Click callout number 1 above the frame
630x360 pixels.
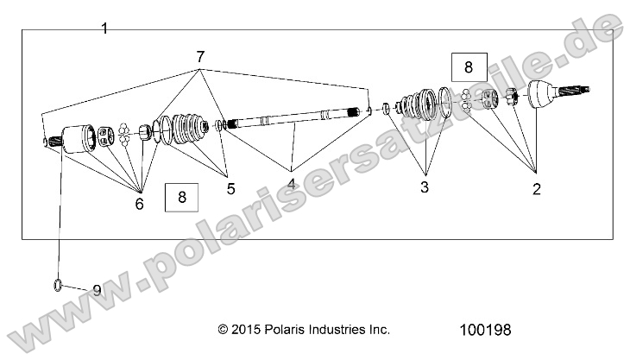tap(104, 28)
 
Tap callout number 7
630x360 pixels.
tap(200, 58)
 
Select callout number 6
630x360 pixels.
tap(140, 204)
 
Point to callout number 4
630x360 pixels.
tap(292, 184)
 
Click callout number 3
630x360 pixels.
tap(424, 186)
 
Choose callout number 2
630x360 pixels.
tap(536, 189)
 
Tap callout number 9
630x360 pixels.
tap(97, 291)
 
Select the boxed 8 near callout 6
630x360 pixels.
tap(181, 198)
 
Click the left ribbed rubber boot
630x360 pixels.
tap(183, 130)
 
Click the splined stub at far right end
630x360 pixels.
tap(579, 89)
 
